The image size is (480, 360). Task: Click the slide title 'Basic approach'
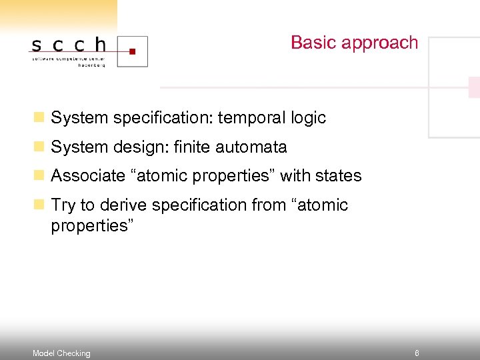tap(354, 43)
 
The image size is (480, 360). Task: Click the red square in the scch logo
tap(132, 50)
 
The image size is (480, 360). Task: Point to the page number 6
tap(417, 353)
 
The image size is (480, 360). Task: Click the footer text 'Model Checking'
tap(61, 353)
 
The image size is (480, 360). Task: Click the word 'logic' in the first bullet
tap(308, 119)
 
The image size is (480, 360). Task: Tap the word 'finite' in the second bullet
tap(192, 147)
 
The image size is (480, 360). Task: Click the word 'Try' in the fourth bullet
tap(63, 205)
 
